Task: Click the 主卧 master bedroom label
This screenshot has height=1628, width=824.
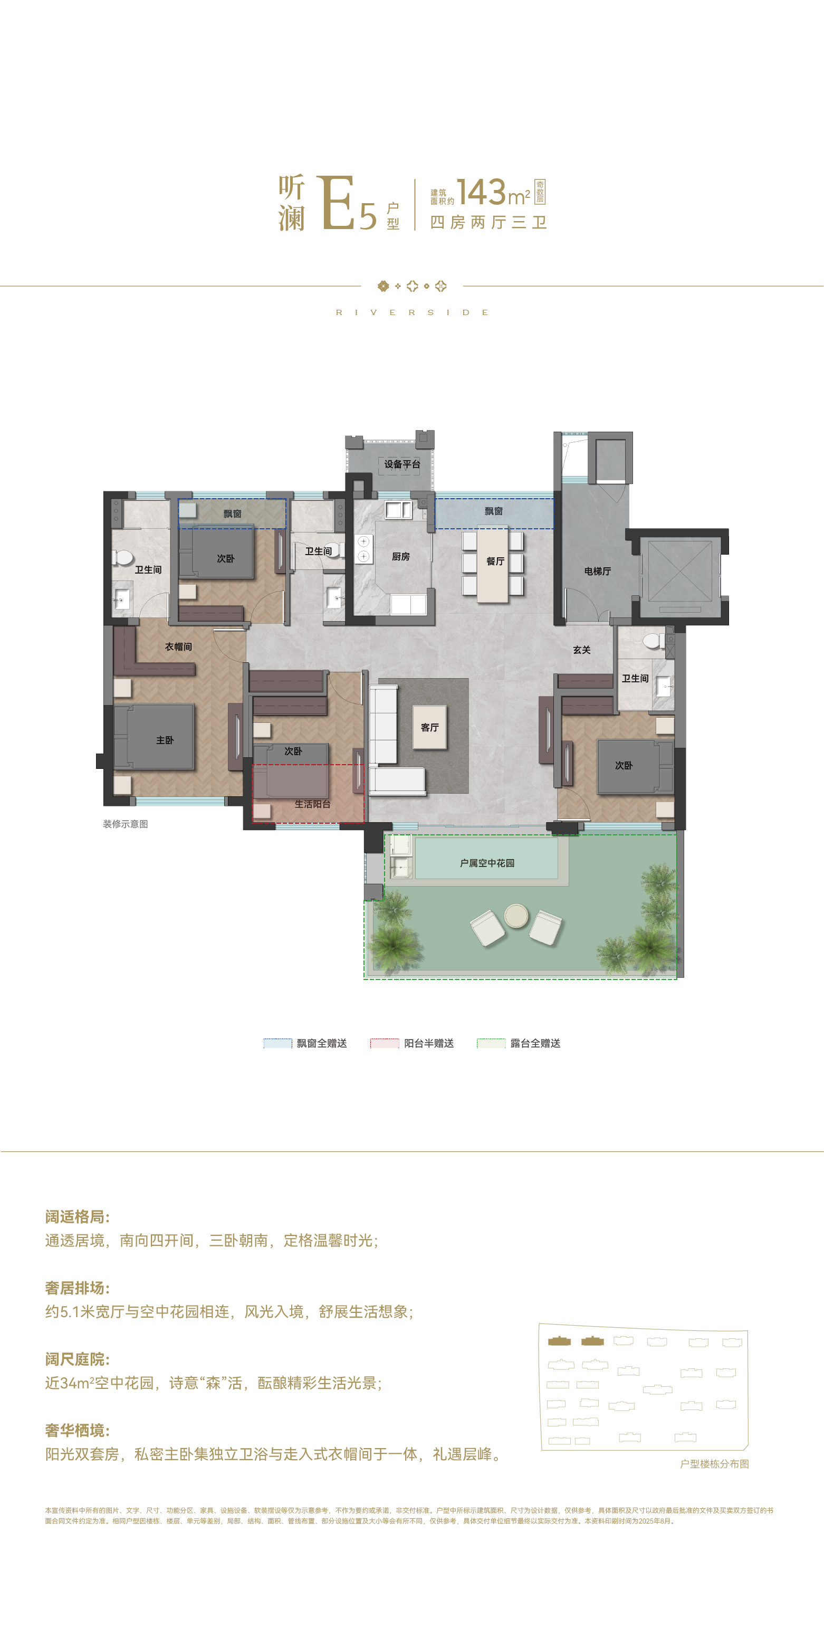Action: (x=165, y=740)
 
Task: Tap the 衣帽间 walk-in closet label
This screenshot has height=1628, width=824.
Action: (x=178, y=646)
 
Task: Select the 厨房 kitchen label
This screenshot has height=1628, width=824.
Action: (x=400, y=557)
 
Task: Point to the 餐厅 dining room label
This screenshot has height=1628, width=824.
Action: (x=495, y=561)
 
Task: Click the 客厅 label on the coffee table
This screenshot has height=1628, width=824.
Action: (x=430, y=727)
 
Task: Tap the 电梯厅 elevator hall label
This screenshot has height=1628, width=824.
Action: (x=597, y=572)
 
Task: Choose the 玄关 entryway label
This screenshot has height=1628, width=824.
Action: (x=582, y=650)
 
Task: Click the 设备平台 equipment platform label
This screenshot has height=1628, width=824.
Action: (x=402, y=464)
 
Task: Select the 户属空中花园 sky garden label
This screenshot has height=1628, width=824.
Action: (x=487, y=863)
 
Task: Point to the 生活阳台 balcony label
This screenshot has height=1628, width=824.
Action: (x=312, y=804)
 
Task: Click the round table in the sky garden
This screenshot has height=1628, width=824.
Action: (x=516, y=916)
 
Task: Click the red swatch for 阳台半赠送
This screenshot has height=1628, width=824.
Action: (x=385, y=1043)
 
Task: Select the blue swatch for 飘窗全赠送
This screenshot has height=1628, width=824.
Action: (x=278, y=1043)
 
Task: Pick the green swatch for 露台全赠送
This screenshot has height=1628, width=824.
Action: (x=491, y=1043)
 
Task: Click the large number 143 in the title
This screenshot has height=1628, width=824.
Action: (x=482, y=192)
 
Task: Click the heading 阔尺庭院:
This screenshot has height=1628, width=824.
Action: (x=77, y=1359)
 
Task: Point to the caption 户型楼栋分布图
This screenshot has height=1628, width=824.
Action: (x=714, y=1464)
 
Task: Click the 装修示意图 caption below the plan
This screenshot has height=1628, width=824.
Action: (x=125, y=824)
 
